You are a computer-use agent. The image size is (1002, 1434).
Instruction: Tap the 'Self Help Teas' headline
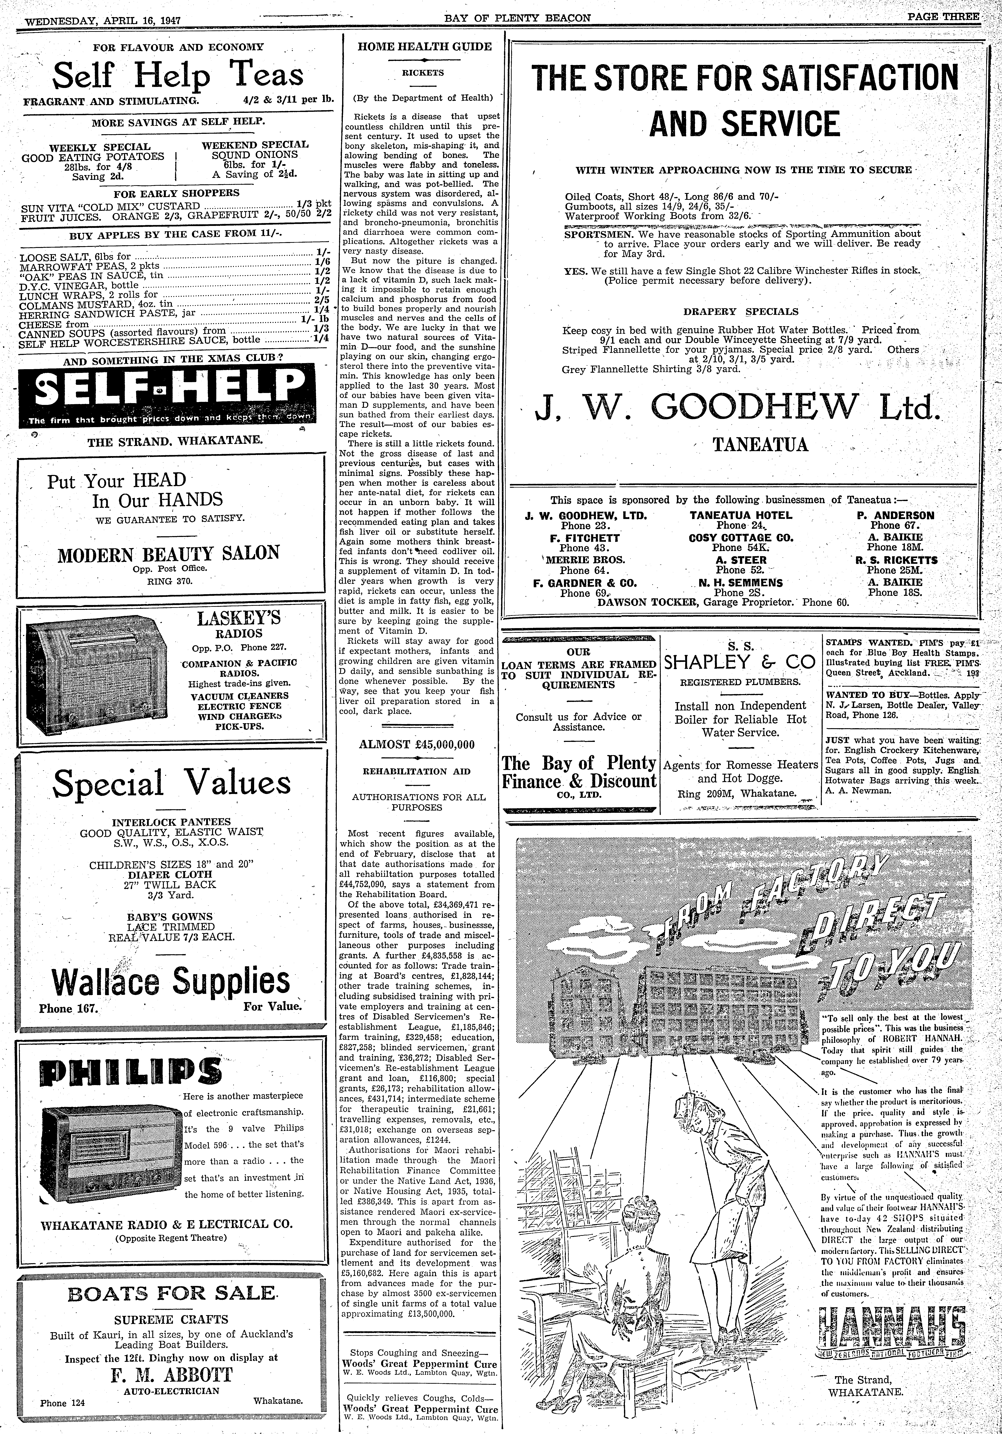tap(178, 76)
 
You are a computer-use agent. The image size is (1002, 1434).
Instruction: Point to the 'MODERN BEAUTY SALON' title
tap(169, 553)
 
